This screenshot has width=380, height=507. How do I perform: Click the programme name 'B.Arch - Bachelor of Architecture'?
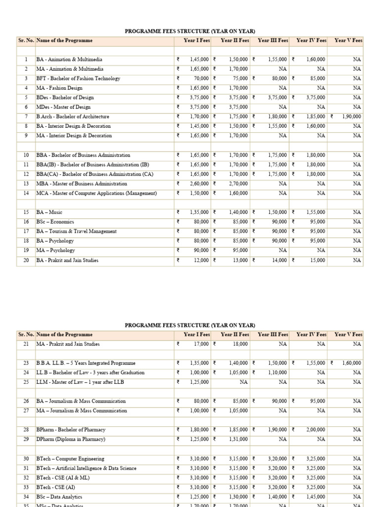click(73, 116)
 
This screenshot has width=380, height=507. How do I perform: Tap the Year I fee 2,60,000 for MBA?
click(200, 184)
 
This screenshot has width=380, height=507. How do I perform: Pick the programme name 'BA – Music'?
click(49, 212)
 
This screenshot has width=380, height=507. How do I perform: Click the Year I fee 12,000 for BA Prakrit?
click(202, 260)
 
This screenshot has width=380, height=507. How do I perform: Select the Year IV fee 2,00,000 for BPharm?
click(316, 430)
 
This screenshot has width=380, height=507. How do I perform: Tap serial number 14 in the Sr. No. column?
click(26, 193)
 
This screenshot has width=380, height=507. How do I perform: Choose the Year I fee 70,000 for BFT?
click(201, 78)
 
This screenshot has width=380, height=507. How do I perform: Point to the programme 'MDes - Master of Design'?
click(63, 107)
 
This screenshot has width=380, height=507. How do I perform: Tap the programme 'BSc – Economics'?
click(55, 222)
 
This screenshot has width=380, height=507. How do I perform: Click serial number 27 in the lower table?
click(26, 410)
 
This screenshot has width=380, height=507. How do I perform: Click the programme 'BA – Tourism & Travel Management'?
click(77, 231)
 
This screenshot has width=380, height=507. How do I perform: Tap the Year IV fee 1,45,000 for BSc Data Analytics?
click(316, 496)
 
